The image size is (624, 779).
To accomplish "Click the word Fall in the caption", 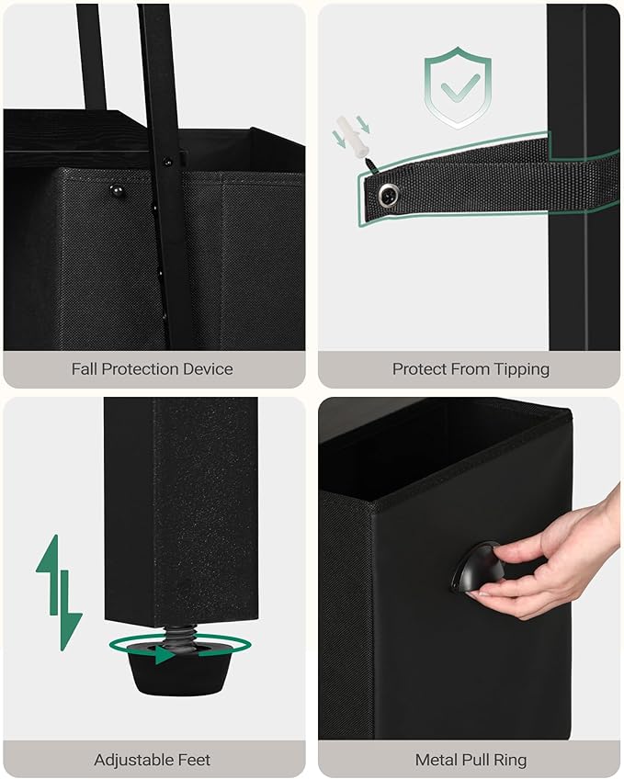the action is click(x=84, y=369).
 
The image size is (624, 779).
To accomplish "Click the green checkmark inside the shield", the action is click(x=460, y=87).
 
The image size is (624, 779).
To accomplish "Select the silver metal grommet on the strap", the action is click(x=389, y=194).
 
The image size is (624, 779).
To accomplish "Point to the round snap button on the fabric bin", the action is click(x=117, y=190).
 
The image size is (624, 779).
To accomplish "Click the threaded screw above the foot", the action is click(x=179, y=636).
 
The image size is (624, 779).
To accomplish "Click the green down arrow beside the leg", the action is click(x=70, y=611).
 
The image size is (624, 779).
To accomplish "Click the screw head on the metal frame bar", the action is click(x=167, y=162).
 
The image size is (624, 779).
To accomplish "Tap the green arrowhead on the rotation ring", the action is click(x=164, y=654).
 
